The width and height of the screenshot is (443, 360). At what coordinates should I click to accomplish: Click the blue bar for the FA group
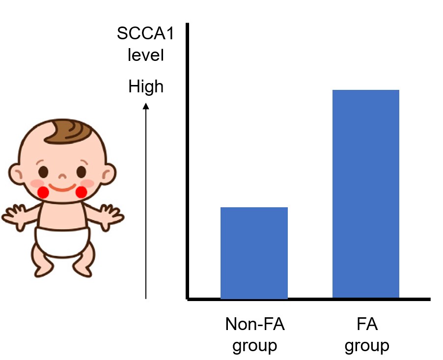click(x=365, y=194)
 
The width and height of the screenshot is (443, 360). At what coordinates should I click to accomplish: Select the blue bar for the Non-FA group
click(x=254, y=253)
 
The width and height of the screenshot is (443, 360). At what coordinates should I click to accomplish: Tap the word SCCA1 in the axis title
click(x=140, y=35)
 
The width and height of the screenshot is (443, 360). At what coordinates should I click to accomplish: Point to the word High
click(x=145, y=87)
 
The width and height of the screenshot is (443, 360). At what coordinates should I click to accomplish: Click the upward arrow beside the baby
click(x=146, y=196)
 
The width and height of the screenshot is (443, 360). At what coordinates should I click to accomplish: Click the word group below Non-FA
click(x=255, y=345)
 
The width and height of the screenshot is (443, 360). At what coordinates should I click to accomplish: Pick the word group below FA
click(x=366, y=345)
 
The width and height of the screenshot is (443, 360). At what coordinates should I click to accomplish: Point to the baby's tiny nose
click(x=62, y=175)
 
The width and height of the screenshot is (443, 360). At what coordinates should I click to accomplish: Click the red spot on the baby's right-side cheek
click(x=81, y=192)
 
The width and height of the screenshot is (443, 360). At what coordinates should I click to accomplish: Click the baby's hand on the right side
click(x=111, y=216)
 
